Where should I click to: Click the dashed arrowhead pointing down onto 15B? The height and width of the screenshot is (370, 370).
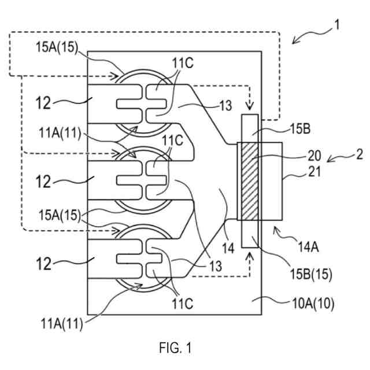250,107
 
